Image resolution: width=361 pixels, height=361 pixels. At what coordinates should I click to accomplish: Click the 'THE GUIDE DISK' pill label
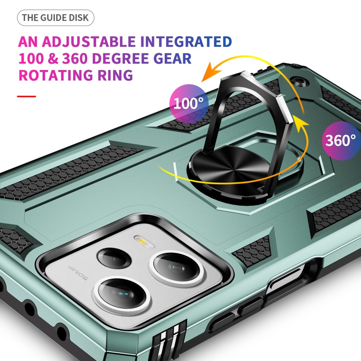pyautogui.click(x=56, y=18)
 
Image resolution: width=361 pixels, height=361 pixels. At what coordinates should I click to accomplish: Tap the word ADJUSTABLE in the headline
pyautogui.click(x=89, y=42)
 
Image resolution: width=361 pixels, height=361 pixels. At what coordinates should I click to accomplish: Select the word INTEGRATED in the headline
pyautogui.click(x=186, y=42)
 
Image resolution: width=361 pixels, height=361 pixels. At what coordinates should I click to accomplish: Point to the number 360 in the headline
pyautogui.click(x=75, y=58)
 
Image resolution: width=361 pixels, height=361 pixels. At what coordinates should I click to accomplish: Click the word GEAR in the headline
pyautogui.click(x=173, y=58)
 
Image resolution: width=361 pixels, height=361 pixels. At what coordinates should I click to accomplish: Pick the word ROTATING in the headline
pyautogui.click(x=56, y=75)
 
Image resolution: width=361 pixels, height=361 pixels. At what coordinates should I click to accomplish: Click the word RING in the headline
pyautogui.click(x=115, y=75)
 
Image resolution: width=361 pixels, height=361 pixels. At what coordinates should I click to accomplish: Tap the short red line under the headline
pyautogui.click(x=26, y=96)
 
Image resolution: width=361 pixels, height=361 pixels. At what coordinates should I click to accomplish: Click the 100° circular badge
pyautogui.click(x=189, y=104)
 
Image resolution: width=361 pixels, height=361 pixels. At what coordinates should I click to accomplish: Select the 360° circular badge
pyautogui.click(x=341, y=140)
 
